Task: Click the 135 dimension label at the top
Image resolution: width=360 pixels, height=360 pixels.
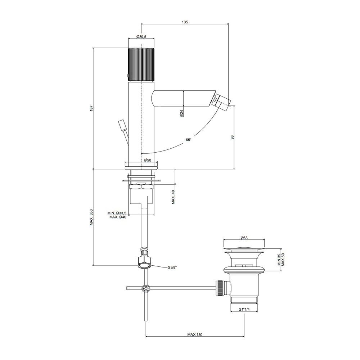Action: tap(185, 22)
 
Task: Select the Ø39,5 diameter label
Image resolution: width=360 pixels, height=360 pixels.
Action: tap(141, 37)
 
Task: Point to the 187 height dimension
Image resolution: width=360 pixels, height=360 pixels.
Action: tap(91, 108)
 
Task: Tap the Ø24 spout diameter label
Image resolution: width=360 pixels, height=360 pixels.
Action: tap(181, 113)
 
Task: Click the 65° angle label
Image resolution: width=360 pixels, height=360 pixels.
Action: tap(189, 140)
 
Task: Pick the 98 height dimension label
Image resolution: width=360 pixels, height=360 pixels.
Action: tap(232, 138)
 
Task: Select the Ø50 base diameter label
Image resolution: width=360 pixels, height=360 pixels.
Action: tap(148, 160)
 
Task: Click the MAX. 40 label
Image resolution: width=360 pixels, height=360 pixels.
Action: tap(174, 197)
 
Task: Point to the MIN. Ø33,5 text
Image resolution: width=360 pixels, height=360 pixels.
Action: tap(117, 213)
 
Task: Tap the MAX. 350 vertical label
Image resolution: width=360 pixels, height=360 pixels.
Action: tap(91, 217)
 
